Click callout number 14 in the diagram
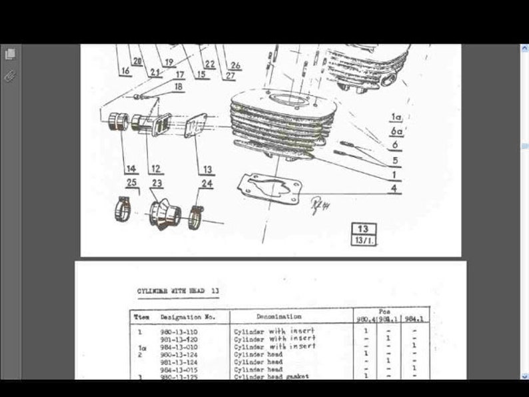[131, 169]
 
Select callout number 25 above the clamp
[131, 183]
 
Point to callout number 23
[157, 183]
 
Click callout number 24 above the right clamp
[207, 183]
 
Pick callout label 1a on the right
[396, 118]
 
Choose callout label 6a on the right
[396, 132]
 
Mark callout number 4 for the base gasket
[396, 189]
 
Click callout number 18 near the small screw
[178, 87]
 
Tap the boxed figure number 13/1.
[364, 240]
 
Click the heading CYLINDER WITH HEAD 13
[178, 291]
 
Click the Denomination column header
[278, 316]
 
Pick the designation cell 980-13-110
[179, 331]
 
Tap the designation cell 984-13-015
[179, 369]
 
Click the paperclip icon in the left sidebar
[10, 76]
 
